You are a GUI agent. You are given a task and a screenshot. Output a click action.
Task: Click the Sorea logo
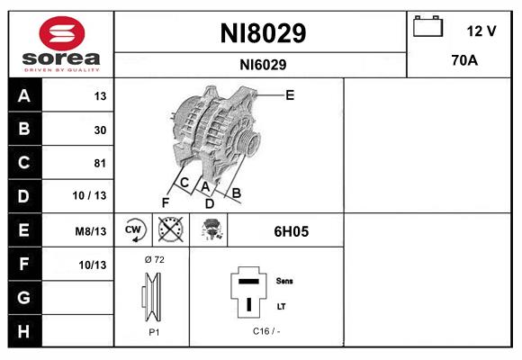[x=60, y=43]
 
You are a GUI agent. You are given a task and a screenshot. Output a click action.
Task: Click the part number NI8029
[x=263, y=33]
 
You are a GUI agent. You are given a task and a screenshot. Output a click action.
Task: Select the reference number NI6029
[x=263, y=65]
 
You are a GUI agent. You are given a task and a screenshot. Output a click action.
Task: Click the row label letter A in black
[x=22, y=96]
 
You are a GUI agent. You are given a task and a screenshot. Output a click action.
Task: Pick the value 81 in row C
[x=99, y=164]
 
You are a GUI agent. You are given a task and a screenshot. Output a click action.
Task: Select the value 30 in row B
[x=99, y=130]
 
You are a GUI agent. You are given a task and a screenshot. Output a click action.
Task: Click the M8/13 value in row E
[x=92, y=231]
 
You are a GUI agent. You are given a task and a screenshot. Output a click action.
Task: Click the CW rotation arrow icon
[x=134, y=229]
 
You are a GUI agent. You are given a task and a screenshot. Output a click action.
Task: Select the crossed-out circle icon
[x=169, y=229]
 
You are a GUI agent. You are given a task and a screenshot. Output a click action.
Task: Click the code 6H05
[x=291, y=231]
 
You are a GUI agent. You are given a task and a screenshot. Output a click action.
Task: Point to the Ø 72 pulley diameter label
[x=153, y=259]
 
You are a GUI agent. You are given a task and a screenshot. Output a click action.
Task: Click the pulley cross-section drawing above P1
[x=153, y=298]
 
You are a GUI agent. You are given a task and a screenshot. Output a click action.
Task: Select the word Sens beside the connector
[x=285, y=281]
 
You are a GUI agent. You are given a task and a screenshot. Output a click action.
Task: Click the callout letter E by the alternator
[x=290, y=94]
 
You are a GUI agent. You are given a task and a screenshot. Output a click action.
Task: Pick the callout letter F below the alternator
[x=166, y=202]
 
